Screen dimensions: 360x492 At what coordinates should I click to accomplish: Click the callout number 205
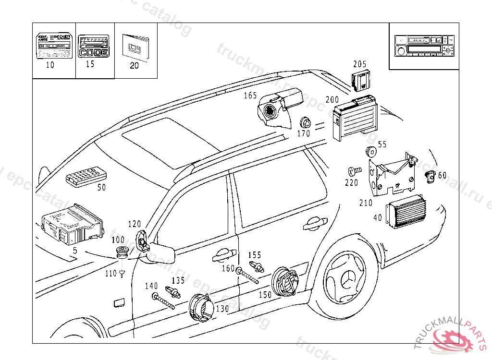point(359,64)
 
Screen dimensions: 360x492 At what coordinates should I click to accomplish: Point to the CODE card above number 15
point(93,46)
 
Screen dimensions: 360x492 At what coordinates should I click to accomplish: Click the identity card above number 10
point(54,46)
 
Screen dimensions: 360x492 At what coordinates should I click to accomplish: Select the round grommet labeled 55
point(370,151)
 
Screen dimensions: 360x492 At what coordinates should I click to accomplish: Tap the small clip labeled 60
point(430,176)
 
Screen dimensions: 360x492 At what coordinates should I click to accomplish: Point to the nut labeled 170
point(304,122)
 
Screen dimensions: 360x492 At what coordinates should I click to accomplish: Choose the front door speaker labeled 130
point(201,308)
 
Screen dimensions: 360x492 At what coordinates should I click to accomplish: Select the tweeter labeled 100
point(123,252)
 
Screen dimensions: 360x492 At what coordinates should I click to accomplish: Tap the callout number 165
point(250,96)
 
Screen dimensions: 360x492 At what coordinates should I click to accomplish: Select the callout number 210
point(366,203)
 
